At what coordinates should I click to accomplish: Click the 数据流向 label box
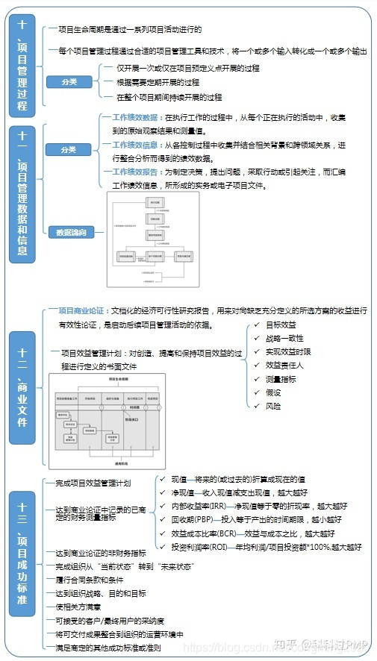[72, 232]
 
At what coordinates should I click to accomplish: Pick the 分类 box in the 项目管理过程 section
[69, 82]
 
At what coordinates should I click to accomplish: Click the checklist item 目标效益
[280, 325]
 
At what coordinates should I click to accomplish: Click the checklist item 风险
[273, 406]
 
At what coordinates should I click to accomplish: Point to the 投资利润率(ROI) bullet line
[266, 546]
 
